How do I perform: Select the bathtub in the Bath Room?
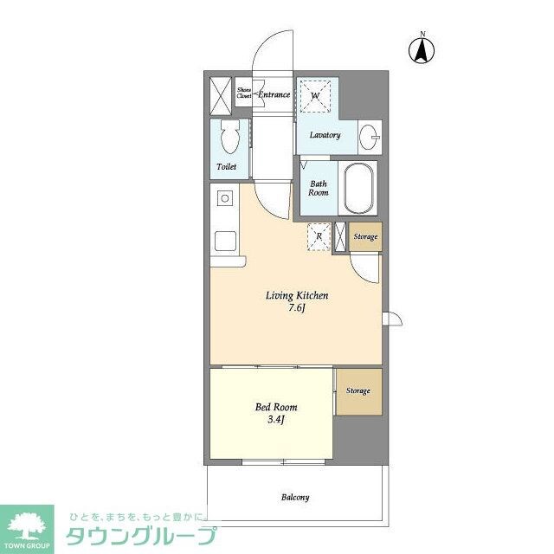point(358,189)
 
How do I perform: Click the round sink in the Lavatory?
point(369,135)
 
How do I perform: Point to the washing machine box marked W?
point(316,95)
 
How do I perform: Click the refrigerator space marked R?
point(319,236)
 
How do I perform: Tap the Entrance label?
point(274,93)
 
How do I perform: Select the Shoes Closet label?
point(244,93)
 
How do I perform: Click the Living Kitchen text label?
point(296,295)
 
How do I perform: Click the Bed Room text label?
point(276,407)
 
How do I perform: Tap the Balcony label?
point(294,497)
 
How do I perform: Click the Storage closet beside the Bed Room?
point(358,391)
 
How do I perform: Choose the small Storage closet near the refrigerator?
point(364,237)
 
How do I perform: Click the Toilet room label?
point(225,166)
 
